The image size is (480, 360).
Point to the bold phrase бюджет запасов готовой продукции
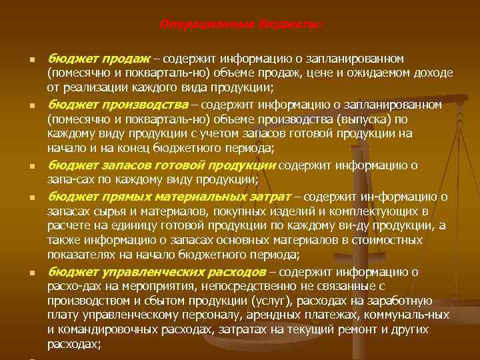pos(161,165)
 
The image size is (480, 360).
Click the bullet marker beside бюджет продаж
pos(32,60)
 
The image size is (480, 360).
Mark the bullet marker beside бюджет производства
pos(32,106)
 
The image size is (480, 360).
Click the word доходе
pos(433,73)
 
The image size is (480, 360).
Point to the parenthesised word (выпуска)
pos(368,119)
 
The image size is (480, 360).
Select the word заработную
pos(404,301)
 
